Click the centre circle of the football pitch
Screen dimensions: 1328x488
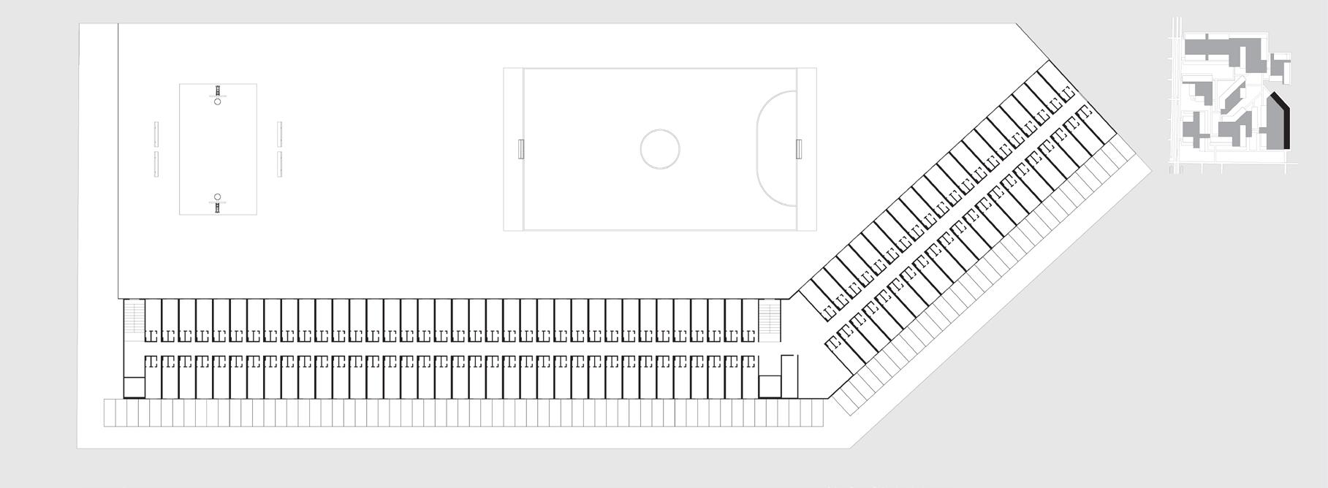pos(659,149)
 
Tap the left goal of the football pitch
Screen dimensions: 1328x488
pos(520,148)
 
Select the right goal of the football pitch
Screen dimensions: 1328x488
pos(799,148)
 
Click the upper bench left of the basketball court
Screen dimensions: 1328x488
pos(156,134)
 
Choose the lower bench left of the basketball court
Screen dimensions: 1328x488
pos(156,164)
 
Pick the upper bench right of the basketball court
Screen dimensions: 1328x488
pos(280,134)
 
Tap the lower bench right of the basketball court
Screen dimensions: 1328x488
pos(280,164)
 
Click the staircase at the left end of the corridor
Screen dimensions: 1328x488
pos(133,319)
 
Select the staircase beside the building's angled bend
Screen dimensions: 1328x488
pos(770,319)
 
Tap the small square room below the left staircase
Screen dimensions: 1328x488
pos(133,386)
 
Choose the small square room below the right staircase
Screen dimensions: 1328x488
pos(770,386)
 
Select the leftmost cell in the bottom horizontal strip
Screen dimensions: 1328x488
pos(110,413)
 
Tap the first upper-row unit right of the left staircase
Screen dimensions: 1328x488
pos(153,319)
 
